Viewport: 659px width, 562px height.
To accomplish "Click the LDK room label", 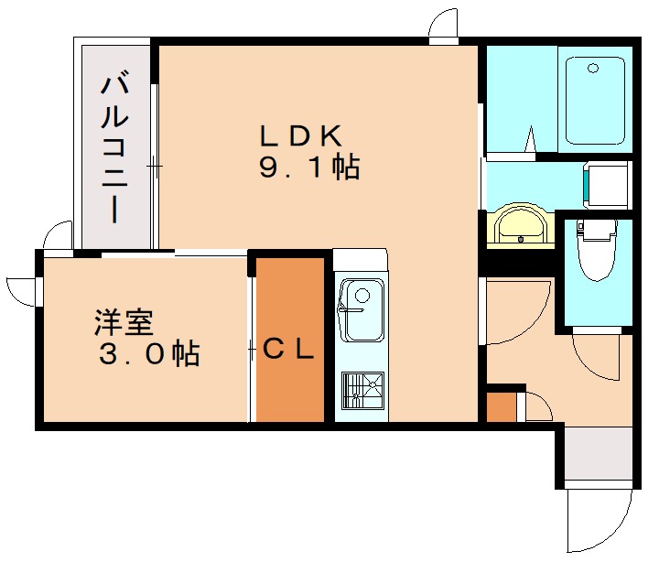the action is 300,135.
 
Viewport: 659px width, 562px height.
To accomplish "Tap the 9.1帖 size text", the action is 309,168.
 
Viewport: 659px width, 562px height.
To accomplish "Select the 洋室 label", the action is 124,322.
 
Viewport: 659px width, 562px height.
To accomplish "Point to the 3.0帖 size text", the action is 149,354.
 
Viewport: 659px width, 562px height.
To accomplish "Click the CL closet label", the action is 288,349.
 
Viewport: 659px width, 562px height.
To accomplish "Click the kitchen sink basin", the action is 362,309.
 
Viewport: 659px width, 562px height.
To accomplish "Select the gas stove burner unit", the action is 362,390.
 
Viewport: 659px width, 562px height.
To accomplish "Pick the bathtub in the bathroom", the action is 595,101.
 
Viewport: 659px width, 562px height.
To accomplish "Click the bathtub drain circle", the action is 593,68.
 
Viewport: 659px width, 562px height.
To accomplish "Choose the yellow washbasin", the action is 521,227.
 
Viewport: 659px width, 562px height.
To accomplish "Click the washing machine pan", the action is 607,185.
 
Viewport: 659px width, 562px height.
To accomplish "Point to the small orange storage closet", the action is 501,406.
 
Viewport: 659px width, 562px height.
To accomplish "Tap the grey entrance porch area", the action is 599,453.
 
